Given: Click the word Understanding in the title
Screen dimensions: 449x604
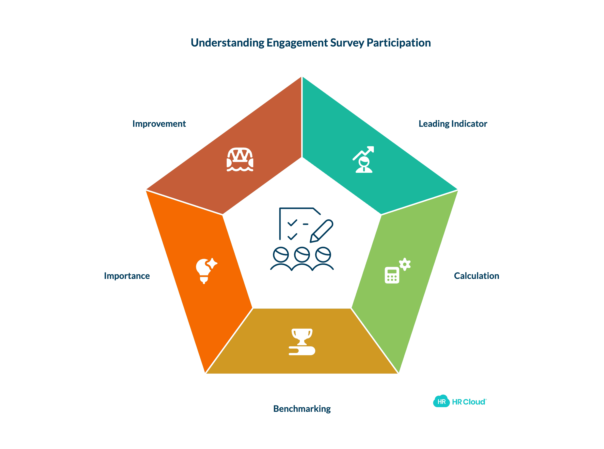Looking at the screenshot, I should [227, 43].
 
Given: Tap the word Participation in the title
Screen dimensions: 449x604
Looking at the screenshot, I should [398, 43].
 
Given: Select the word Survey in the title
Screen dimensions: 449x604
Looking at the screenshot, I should [347, 43].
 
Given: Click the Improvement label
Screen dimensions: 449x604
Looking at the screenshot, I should [159, 124].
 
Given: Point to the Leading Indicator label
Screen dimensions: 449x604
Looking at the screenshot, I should [453, 124].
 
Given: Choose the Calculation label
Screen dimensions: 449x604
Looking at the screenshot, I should [476, 276].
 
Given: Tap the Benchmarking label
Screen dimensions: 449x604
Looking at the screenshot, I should [302, 409].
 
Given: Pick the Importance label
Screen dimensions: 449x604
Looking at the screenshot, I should [127, 276].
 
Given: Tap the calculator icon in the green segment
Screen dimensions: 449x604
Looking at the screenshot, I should [392, 275].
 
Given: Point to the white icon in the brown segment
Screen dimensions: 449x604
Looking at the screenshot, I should [240, 160].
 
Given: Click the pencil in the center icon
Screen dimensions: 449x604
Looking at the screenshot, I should [322, 231].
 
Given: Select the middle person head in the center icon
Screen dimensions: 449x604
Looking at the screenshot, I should [302, 255].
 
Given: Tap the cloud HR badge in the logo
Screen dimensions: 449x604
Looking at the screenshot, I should [441, 401].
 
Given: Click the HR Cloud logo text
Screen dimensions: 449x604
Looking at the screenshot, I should [469, 402].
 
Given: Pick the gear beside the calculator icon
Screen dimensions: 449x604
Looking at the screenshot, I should [405, 264].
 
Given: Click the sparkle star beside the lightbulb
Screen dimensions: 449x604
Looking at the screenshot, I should [212, 263].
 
